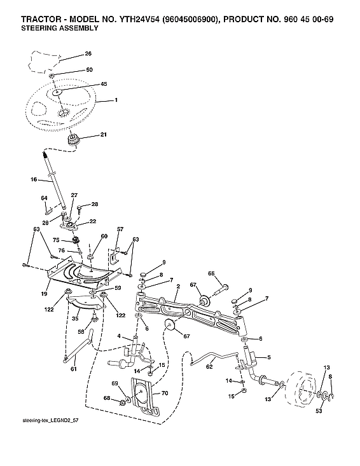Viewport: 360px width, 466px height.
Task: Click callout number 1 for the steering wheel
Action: pyautogui.click(x=116, y=100)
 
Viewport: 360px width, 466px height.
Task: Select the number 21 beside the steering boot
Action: pyautogui.click(x=103, y=135)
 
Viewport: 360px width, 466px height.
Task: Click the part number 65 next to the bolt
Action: pyautogui.click(x=211, y=273)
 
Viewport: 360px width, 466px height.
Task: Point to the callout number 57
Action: pyautogui.click(x=120, y=228)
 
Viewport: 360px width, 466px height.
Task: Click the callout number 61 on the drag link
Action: pyautogui.click(x=75, y=369)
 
